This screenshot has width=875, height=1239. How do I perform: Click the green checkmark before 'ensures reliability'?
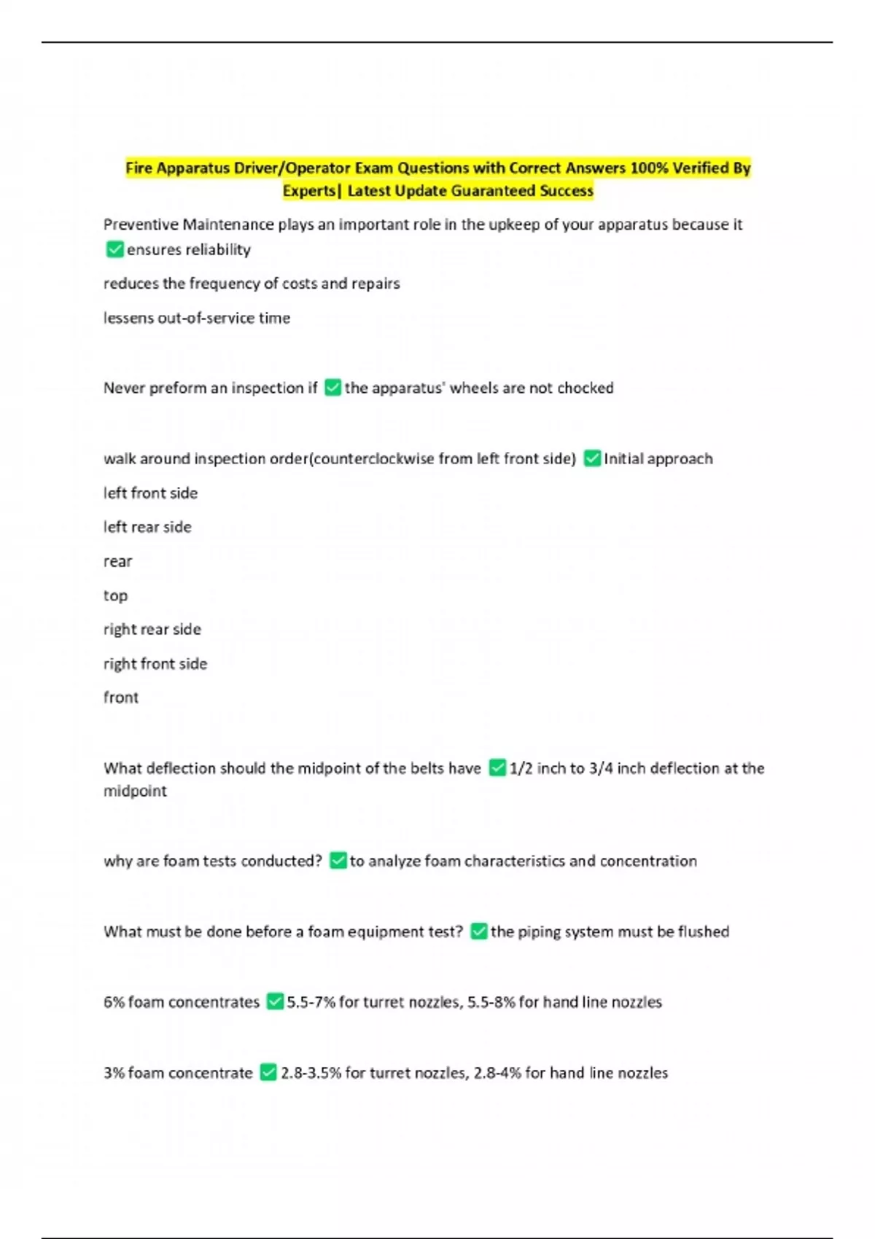[114, 250]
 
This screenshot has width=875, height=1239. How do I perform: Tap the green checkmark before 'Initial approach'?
[592, 458]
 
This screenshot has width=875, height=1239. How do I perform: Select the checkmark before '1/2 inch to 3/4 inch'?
[497, 768]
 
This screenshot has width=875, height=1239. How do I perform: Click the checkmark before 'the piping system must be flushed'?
[478, 931]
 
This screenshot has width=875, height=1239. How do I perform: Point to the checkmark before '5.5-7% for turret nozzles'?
[275, 1002]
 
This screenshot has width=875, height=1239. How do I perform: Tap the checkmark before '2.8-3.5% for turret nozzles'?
[268, 1073]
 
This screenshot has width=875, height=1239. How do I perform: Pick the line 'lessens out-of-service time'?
[197, 318]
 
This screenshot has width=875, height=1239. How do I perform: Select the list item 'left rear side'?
[147, 527]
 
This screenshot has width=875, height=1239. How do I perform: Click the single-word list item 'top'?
[115, 595]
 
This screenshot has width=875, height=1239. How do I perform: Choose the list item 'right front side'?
[155, 664]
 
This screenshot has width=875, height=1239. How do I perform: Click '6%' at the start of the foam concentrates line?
[114, 1002]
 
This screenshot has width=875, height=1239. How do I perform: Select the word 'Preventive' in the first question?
[140, 224]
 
